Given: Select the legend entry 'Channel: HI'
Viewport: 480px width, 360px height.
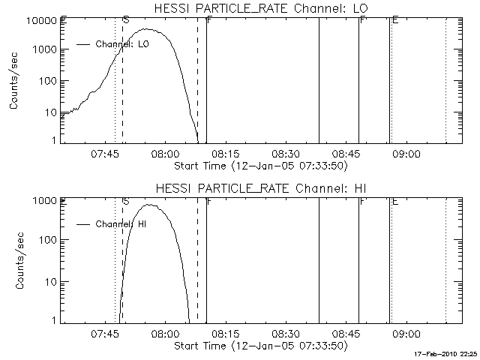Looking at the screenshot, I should tap(121, 223).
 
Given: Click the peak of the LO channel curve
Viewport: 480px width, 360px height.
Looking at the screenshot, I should tap(148, 30).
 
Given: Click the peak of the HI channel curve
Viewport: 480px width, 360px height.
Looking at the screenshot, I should tap(151, 205).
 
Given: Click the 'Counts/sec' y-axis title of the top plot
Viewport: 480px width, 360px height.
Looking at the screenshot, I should tap(15, 81).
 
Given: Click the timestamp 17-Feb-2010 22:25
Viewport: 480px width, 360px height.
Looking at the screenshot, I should tap(446, 353).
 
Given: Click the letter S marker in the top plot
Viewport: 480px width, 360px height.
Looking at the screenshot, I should tap(125, 19).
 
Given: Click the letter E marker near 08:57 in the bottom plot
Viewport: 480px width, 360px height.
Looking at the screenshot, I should tap(394, 201).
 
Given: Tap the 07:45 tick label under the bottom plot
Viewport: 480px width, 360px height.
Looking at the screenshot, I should tap(104, 334).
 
